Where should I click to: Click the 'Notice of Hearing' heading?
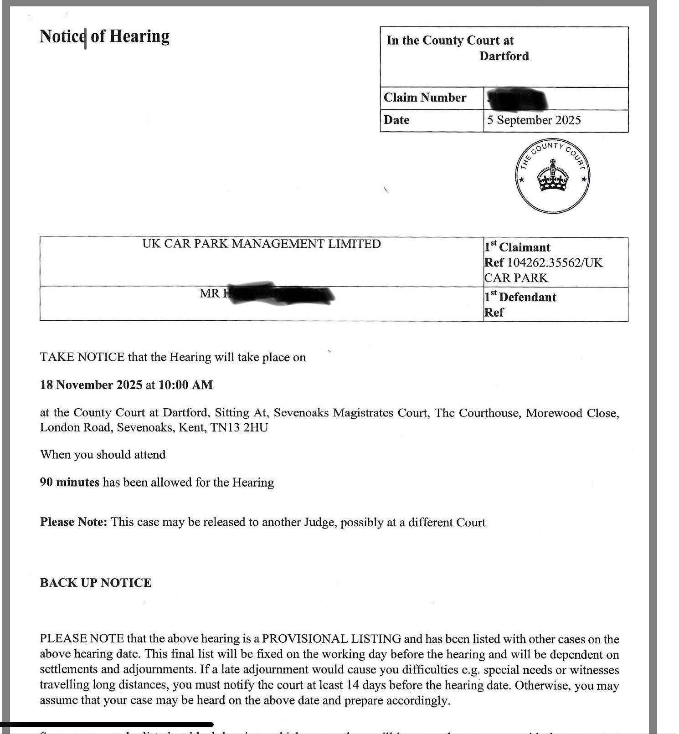click(x=104, y=36)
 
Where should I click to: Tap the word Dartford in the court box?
click(x=504, y=56)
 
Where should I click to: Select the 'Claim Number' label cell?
click(x=425, y=98)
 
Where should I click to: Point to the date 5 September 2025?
click(x=534, y=120)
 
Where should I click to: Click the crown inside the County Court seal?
click(x=553, y=177)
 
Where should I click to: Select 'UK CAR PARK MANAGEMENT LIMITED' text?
click(x=261, y=244)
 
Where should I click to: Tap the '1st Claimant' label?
click(x=517, y=247)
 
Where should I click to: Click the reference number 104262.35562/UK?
click(x=555, y=263)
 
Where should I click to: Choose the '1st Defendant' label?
click(x=520, y=298)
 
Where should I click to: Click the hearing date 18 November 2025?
click(x=91, y=385)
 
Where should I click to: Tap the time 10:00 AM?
click(x=185, y=385)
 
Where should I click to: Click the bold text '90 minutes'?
click(x=69, y=482)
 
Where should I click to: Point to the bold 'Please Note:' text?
click(x=73, y=522)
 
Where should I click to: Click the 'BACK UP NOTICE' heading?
click(x=95, y=583)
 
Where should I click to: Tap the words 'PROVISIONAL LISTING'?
click(x=331, y=639)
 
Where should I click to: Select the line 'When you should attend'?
click(x=103, y=455)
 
